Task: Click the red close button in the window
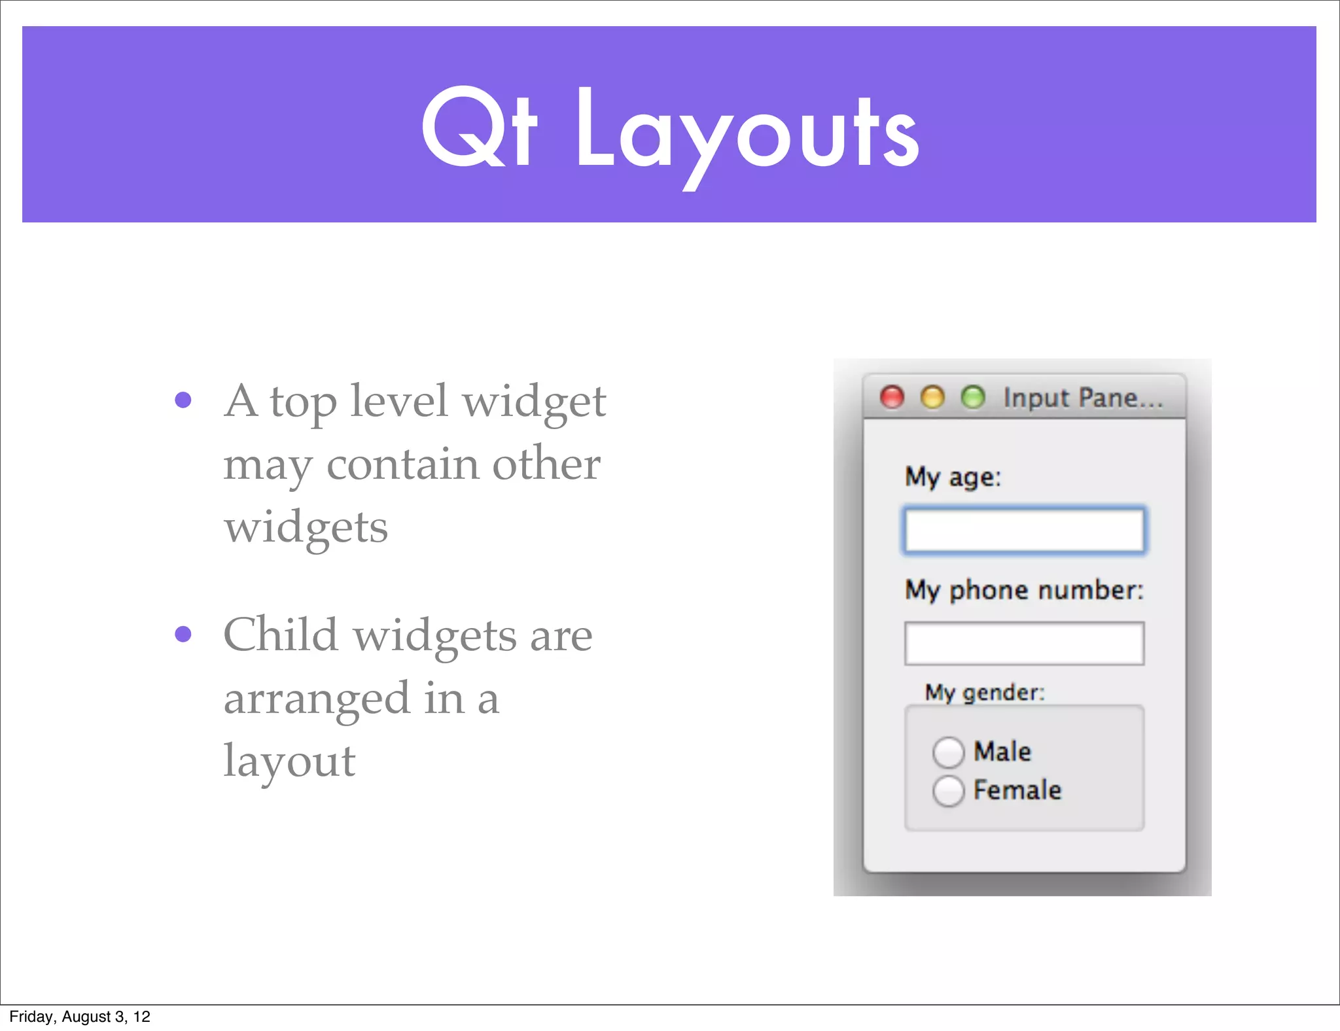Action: [x=892, y=397]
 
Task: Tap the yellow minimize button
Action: [x=932, y=397]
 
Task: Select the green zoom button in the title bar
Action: [x=973, y=397]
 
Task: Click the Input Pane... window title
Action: [x=1083, y=398]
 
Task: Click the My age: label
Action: [x=953, y=477]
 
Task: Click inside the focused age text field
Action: [x=1024, y=531]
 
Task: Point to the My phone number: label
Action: [x=1024, y=590]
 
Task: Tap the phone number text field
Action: [x=1024, y=644]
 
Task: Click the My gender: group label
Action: [x=984, y=692]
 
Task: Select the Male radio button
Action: [x=948, y=752]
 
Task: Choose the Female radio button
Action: [x=948, y=791]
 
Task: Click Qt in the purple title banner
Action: [x=479, y=128]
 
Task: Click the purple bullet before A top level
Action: [x=183, y=400]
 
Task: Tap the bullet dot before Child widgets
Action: [x=183, y=634]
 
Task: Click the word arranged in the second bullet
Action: [x=317, y=699]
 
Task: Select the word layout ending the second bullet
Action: [x=289, y=761]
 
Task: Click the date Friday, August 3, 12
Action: [x=80, y=1017]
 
